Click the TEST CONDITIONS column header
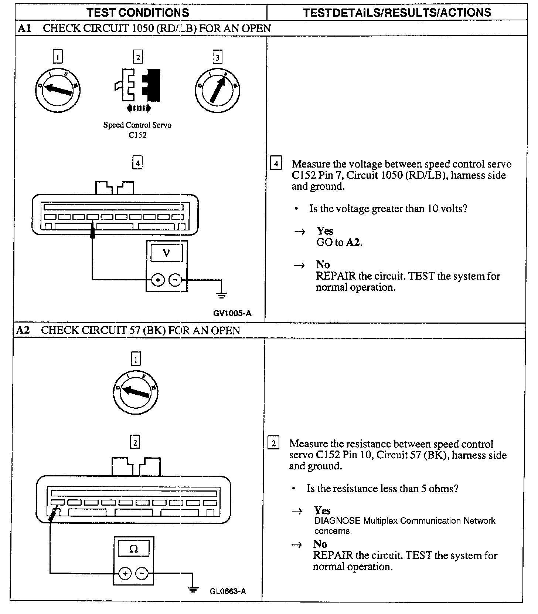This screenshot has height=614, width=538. [138, 13]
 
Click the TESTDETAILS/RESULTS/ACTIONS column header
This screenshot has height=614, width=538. [397, 13]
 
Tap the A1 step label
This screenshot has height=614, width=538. [24, 28]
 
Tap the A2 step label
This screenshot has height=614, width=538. [23, 330]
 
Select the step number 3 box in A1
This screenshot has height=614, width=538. [217, 57]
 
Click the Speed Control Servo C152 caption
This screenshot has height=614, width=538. [137, 130]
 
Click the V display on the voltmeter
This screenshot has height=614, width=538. [167, 254]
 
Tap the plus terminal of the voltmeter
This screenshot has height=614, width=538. [158, 280]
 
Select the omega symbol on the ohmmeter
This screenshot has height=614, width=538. [133, 549]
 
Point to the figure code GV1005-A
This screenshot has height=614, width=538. [232, 313]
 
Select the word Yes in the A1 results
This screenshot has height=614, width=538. [325, 231]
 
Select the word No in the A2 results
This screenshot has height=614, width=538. [320, 544]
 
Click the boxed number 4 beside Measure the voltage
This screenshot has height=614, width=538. [276, 163]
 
